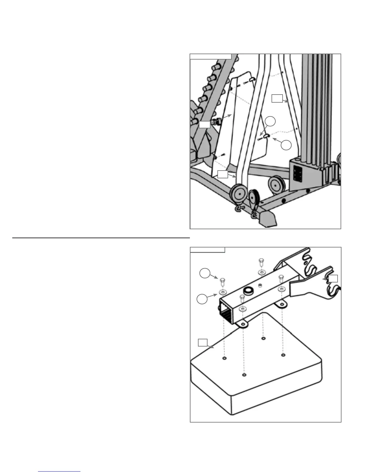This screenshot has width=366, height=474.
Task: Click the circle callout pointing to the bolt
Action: [204, 273]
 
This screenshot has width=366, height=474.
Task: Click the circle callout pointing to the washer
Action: [202, 299]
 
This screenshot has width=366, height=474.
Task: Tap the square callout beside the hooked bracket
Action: [333, 279]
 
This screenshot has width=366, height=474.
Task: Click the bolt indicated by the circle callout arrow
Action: [222, 281]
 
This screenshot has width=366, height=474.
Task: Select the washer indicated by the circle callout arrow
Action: [222, 292]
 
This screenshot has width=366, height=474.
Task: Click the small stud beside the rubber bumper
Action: [260, 284]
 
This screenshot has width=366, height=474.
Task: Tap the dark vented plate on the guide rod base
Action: [297, 174]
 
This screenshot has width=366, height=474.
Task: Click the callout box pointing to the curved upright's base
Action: [222, 174]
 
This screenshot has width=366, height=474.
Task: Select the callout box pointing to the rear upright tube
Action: [277, 98]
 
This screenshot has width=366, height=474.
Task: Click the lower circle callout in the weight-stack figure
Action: [286, 145]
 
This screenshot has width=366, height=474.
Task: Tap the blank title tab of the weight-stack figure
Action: [211, 57]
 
